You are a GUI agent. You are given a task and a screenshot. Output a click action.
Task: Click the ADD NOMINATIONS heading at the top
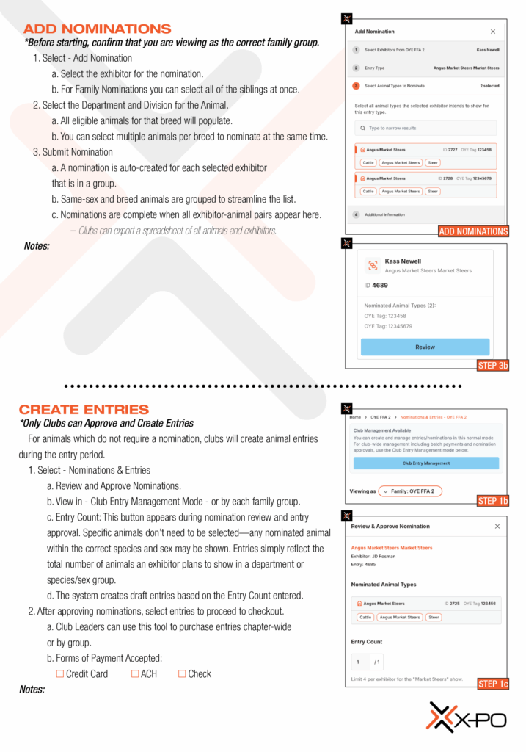(x=98, y=29)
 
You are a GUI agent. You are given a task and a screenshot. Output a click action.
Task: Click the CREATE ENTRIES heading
(x=84, y=410)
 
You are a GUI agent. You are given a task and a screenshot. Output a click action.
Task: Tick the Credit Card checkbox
(x=60, y=673)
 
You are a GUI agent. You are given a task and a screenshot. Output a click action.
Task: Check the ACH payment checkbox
(x=135, y=673)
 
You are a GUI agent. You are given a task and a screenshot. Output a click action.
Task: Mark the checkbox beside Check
(x=182, y=673)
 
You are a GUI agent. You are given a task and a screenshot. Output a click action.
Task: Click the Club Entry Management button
(x=425, y=463)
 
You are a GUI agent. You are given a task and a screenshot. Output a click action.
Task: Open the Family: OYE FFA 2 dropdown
(x=410, y=491)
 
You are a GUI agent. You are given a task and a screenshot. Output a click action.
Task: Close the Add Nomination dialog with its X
(x=493, y=32)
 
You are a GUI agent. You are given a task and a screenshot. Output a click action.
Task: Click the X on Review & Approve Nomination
(x=497, y=527)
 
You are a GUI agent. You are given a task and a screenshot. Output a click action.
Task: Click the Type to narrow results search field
(x=425, y=128)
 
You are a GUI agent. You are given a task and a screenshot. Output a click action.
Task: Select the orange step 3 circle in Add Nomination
(x=356, y=86)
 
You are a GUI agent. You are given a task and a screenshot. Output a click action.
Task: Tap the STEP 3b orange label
(x=492, y=365)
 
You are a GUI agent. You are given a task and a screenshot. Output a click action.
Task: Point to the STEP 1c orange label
(x=492, y=684)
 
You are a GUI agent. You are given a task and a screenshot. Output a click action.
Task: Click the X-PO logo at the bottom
(x=467, y=717)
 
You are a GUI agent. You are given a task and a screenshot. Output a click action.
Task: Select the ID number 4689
(x=379, y=286)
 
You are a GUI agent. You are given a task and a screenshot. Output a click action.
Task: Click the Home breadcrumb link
(x=355, y=417)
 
